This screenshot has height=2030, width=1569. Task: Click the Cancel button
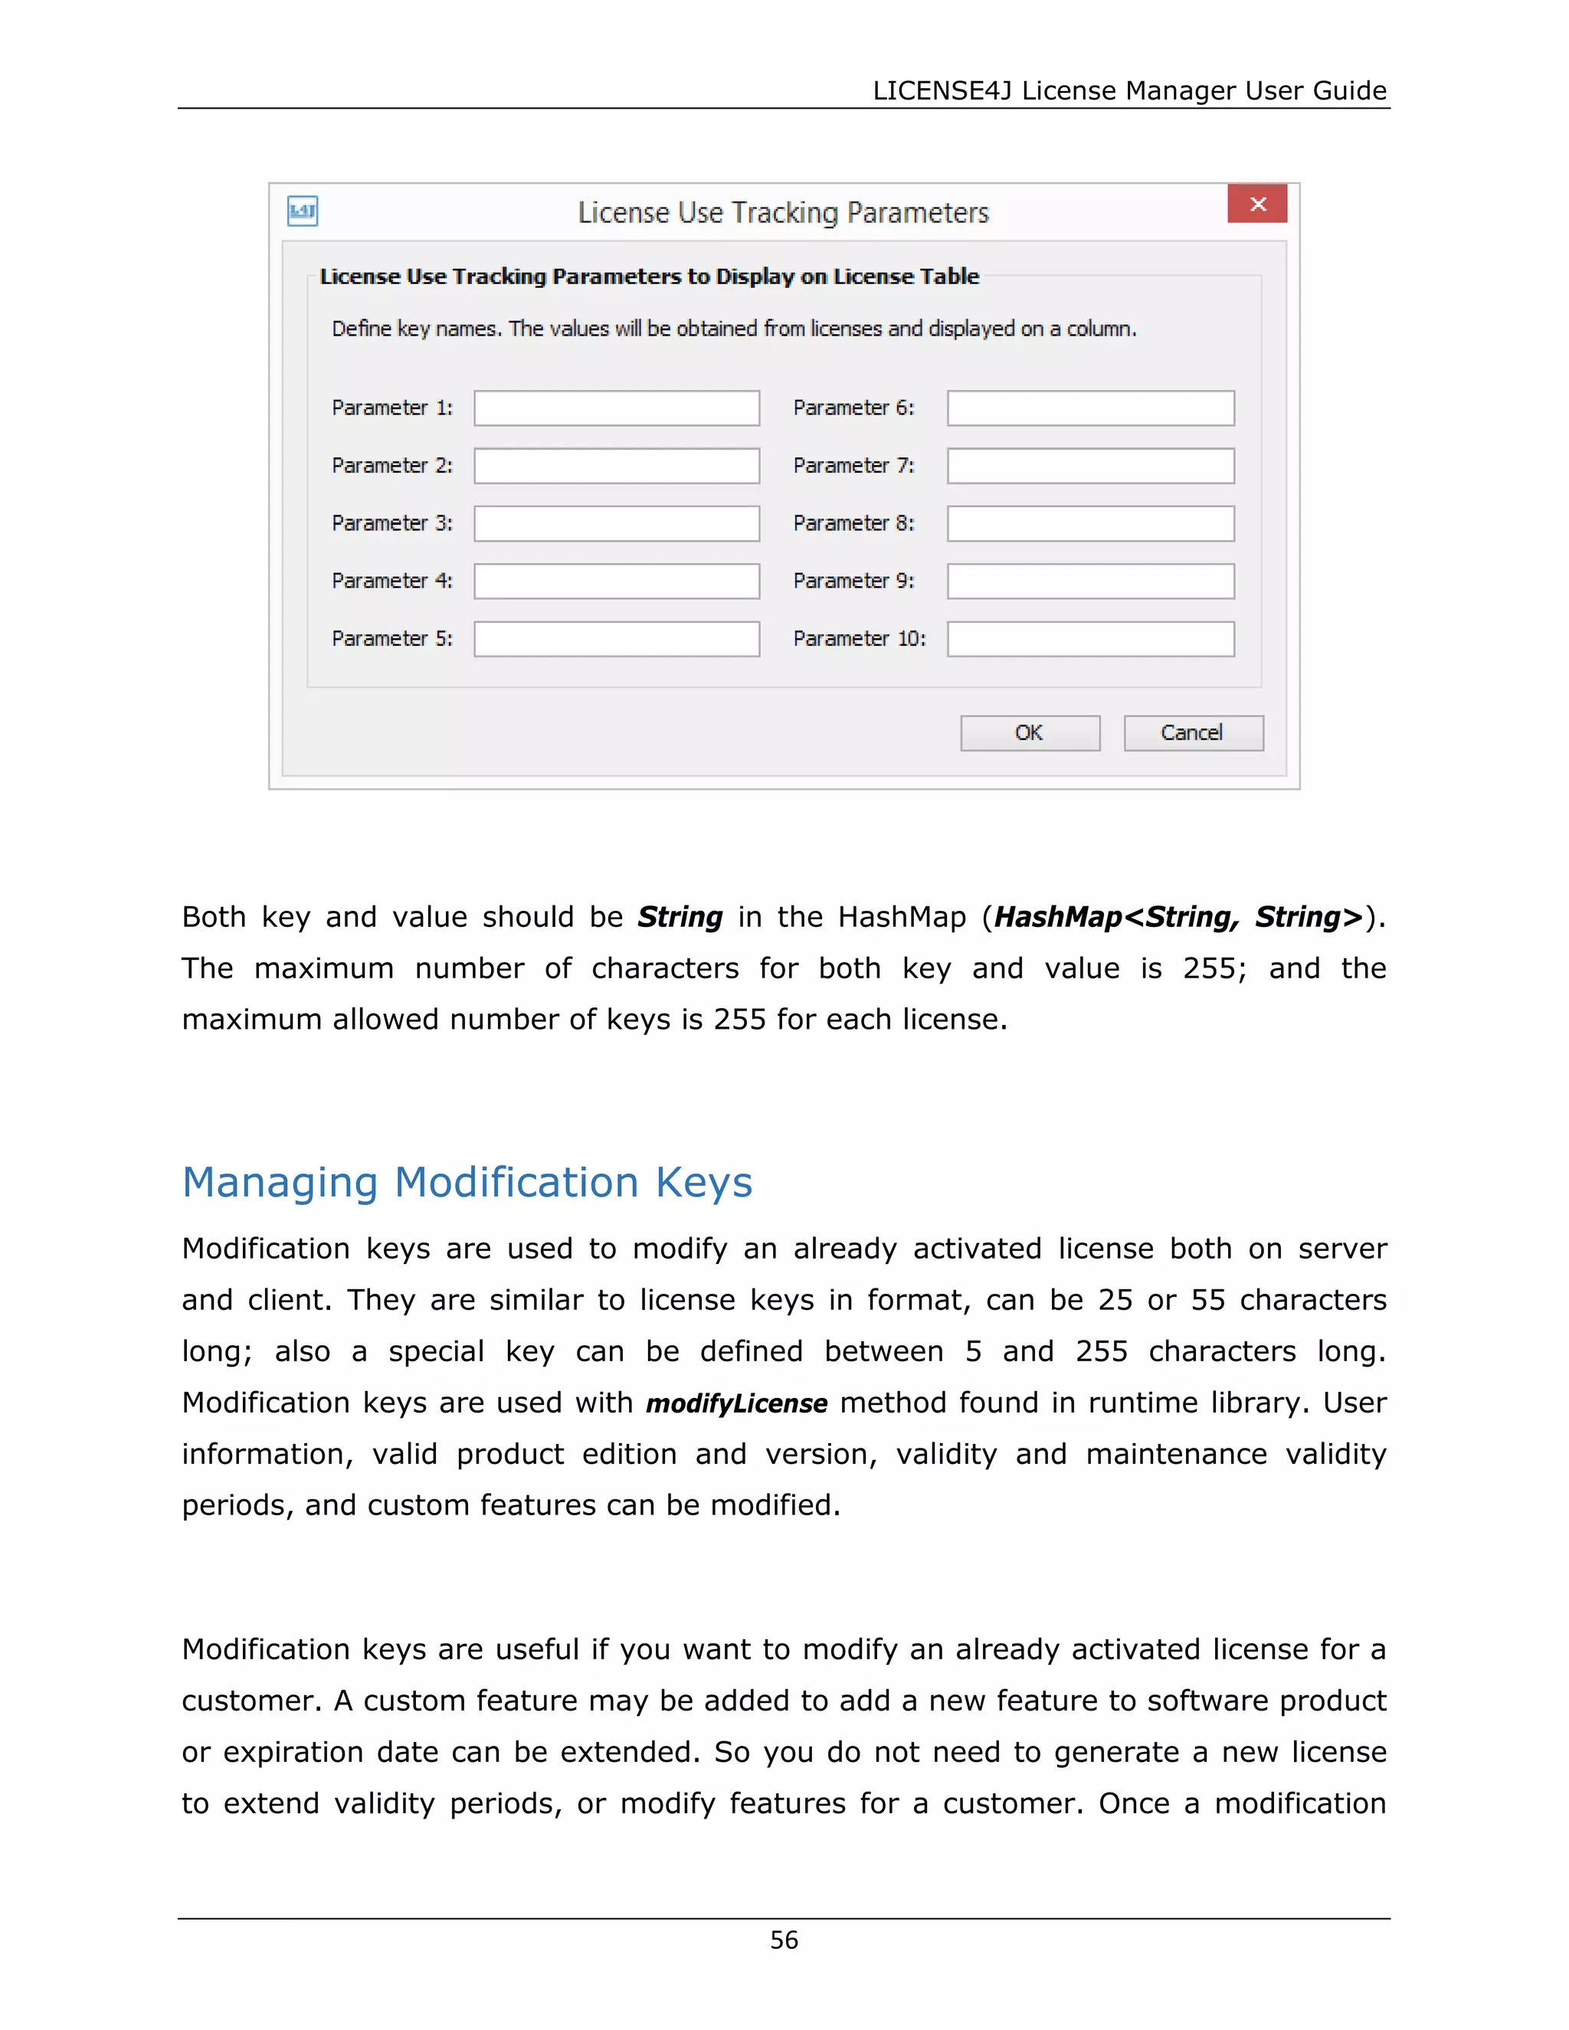(x=1193, y=732)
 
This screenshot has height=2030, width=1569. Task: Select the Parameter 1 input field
(x=616, y=408)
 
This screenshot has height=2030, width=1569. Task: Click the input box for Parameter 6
(x=1090, y=408)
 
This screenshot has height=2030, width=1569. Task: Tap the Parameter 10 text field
(x=1090, y=639)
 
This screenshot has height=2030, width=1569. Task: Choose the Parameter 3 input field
(x=616, y=523)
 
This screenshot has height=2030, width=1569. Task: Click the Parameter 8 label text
(x=853, y=523)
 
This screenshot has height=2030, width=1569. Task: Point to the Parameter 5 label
(x=391, y=639)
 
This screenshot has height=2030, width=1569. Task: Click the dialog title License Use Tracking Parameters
(x=783, y=213)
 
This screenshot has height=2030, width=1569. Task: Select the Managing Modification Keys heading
(x=467, y=1182)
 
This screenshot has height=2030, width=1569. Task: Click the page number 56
(x=784, y=1940)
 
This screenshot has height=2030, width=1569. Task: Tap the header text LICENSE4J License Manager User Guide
(x=1128, y=90)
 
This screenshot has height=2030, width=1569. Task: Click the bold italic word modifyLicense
(x=736, y=1403)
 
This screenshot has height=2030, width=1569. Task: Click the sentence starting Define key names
(x=733, y=329)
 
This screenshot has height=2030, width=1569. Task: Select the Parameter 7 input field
(x=1090, y=466)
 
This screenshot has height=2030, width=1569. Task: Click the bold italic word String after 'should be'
(x=680, y=918)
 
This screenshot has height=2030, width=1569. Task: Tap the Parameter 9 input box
(x=1090, y=581)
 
